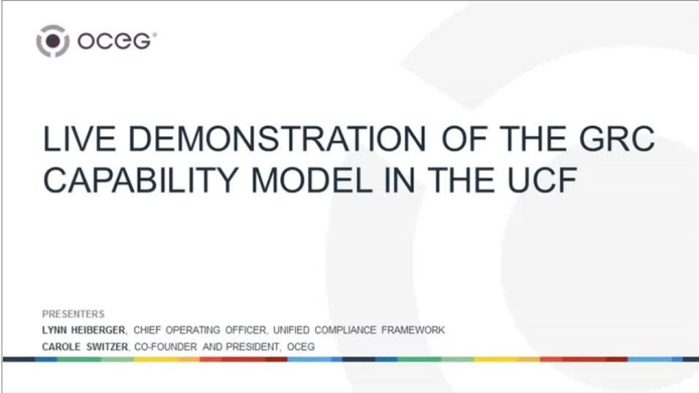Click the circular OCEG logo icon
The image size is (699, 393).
coord(53,41)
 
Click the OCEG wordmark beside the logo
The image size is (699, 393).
coord(115,41)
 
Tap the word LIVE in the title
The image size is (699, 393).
coord(79,139)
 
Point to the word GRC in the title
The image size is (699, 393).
coord(616,139)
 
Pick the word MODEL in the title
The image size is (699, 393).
coord(312,180)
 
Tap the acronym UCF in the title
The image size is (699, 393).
coord(542,180)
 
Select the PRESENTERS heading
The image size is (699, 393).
coord(73,314)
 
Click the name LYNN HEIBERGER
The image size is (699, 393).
coord(84,330)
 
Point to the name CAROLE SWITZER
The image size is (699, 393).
coord(85,347)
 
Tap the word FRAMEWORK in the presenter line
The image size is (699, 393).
coord(413,330)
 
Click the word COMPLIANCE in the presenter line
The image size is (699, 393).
coord(345,330)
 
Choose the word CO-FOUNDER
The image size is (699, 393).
coord(166,347)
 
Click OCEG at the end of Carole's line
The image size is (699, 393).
coord(301,347)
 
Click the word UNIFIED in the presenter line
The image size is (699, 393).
coord(291,330)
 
